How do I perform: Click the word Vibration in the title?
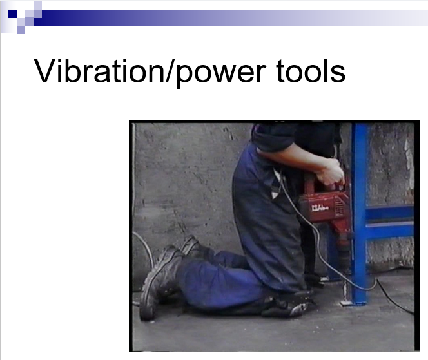(x=99, y=71)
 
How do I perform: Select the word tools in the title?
(x=311, y=71)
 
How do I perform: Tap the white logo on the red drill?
(x=320, y=208)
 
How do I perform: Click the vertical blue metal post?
(x=359, y=213)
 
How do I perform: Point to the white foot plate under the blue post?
(x=346, y=303)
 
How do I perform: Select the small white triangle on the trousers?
(x=275, y=194)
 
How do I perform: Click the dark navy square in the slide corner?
(x=12, y=14)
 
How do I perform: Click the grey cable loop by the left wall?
(x=144, y=245)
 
